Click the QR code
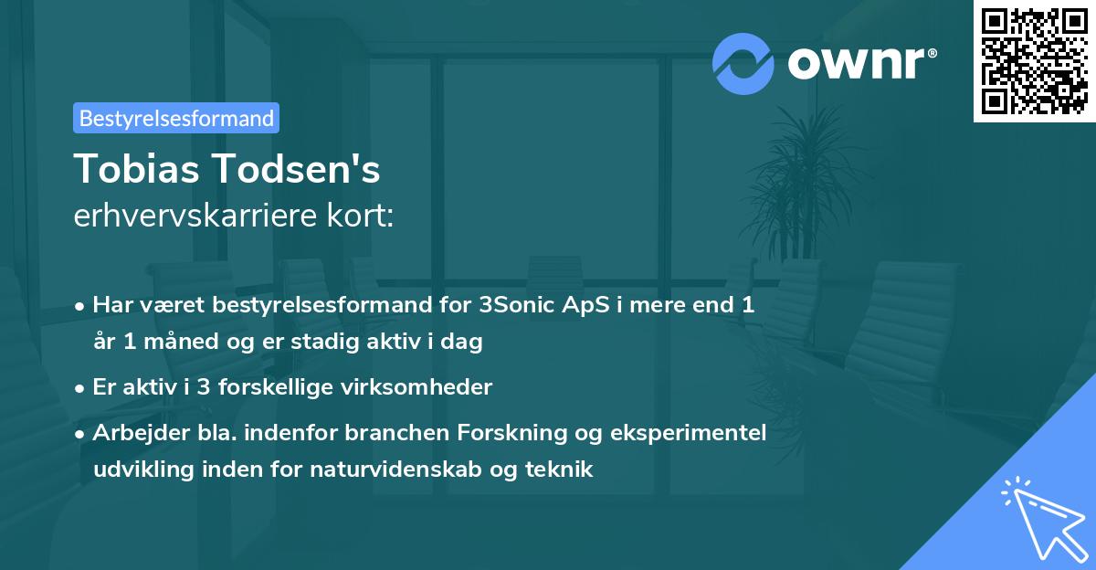pos(1034,61)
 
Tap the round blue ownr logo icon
pos(743,63)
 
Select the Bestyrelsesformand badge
pos(176,118)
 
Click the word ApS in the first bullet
pos(585,304)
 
